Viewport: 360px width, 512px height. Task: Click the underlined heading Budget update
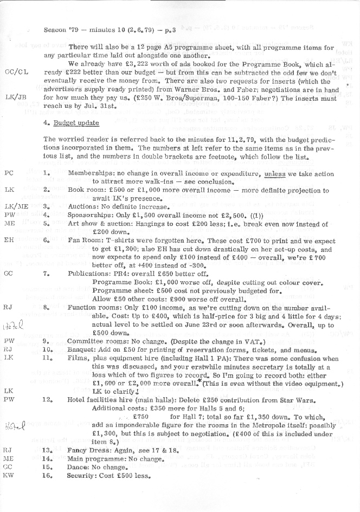pyautogui.click(x=75, y=124)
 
